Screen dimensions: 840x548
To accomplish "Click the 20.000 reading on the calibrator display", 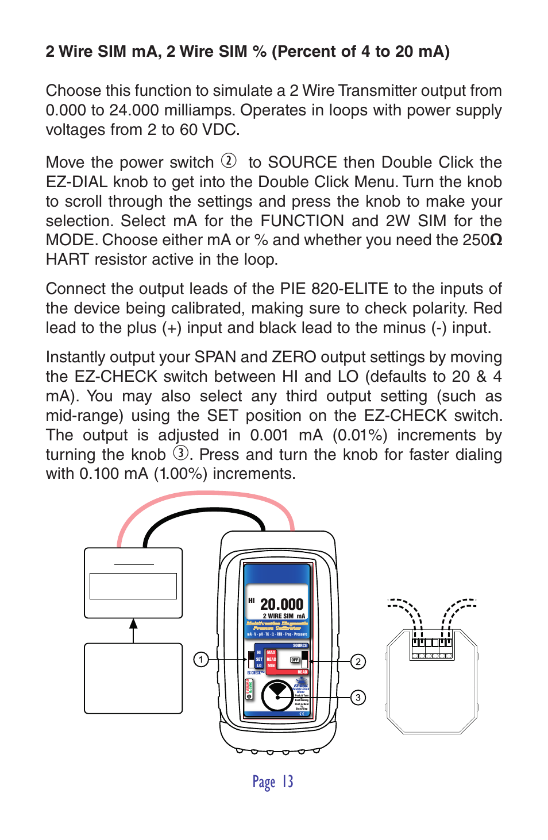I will point(281,604).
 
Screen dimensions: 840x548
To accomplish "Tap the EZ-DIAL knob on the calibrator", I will point(277,696).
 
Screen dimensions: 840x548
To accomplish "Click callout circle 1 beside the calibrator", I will point(200,660).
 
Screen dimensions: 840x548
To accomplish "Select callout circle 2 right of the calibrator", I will point(358,661).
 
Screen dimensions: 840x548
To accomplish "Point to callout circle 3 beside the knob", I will point(358,698).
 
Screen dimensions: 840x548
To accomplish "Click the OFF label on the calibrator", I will point(295,660).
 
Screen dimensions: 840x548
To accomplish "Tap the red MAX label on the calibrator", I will point(271,653).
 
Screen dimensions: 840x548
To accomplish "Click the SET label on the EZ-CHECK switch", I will point(259,659).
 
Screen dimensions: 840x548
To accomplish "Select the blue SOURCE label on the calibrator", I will point(300,645).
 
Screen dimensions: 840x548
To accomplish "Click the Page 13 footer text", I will point(273,782).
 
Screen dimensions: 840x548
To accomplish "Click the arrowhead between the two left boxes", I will point(133,624).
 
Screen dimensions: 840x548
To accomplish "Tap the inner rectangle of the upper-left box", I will point(133,586).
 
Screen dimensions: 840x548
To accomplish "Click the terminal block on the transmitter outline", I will point(431,648).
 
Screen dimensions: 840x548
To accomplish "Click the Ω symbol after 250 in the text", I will point(496,240).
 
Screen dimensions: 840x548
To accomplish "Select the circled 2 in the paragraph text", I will point(229,161).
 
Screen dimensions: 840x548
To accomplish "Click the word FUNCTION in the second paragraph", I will point(302,221).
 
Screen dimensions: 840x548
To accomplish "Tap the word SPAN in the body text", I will point(215,357).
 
